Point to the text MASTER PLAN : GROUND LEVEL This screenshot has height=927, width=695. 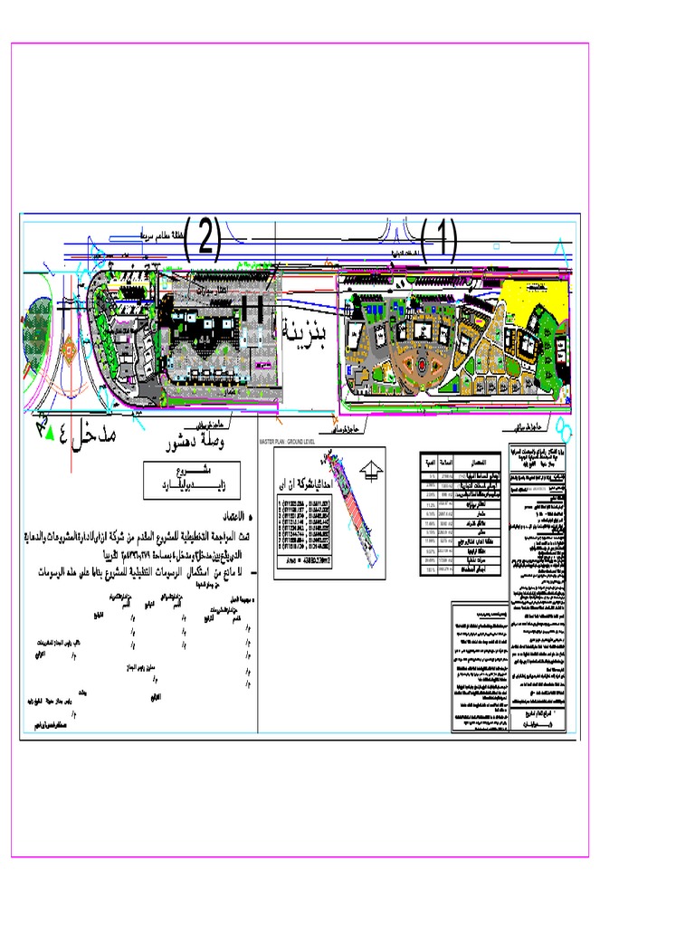300,442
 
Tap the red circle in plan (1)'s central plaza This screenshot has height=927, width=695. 419,366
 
